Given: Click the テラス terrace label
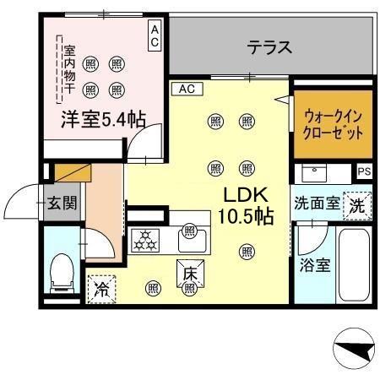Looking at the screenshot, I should tap(269, 48).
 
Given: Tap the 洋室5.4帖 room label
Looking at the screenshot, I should tap(102, 119).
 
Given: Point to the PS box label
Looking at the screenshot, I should tap(363, 171).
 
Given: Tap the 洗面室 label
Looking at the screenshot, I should tap(317, 204).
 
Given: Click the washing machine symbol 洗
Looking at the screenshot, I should tap(357, 204).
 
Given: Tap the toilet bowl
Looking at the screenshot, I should tap(61, 272).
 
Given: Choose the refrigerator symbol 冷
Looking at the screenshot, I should tap(101, 287).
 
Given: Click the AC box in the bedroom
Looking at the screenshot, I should tap(155, 35).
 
